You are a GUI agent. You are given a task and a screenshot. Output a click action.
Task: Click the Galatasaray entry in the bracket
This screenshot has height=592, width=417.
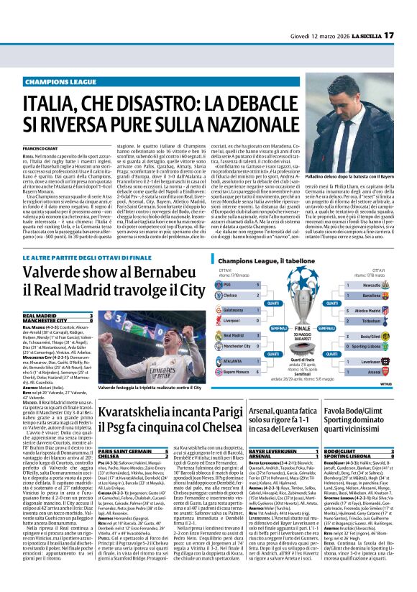click(x=234, y=289)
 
